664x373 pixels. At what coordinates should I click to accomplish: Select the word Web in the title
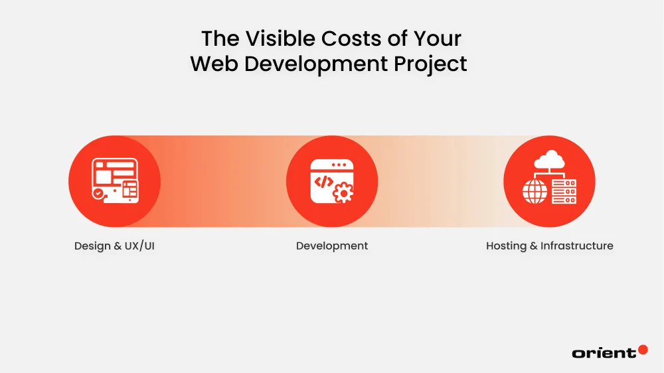(213, 64)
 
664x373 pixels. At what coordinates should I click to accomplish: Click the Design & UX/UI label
(114, 246)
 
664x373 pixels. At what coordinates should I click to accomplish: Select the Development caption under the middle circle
(332, 246)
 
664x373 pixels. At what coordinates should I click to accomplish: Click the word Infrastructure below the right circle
(577, 246)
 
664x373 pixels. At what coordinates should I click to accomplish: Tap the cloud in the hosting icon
(549, 160)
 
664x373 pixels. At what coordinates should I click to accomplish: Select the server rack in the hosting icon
(564, 191)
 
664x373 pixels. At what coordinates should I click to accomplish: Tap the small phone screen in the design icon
(129, 191)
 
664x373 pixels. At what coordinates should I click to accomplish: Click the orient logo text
(603, 353)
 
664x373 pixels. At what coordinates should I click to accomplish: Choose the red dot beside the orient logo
(642, 349)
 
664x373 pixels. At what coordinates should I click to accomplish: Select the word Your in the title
(437, 38)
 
